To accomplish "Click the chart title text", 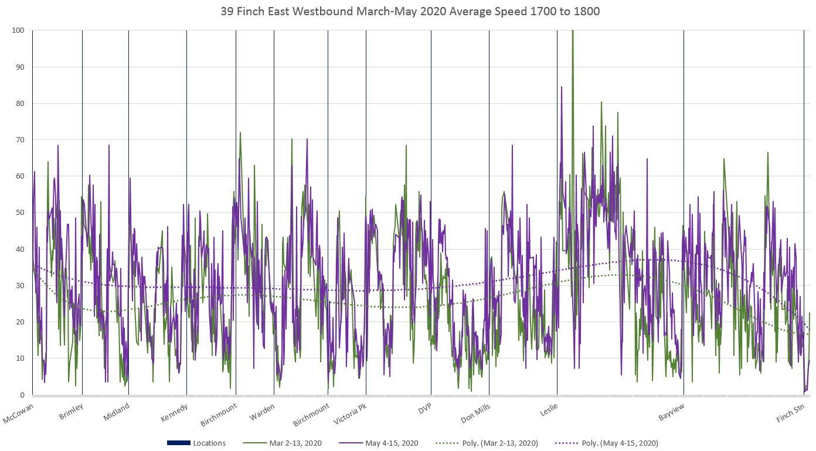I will (410, 11).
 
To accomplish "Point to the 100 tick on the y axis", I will (18, 30).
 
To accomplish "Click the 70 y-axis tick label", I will (20, 139).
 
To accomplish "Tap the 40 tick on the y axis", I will (20, 249).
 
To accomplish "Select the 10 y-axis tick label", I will (20, 358).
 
